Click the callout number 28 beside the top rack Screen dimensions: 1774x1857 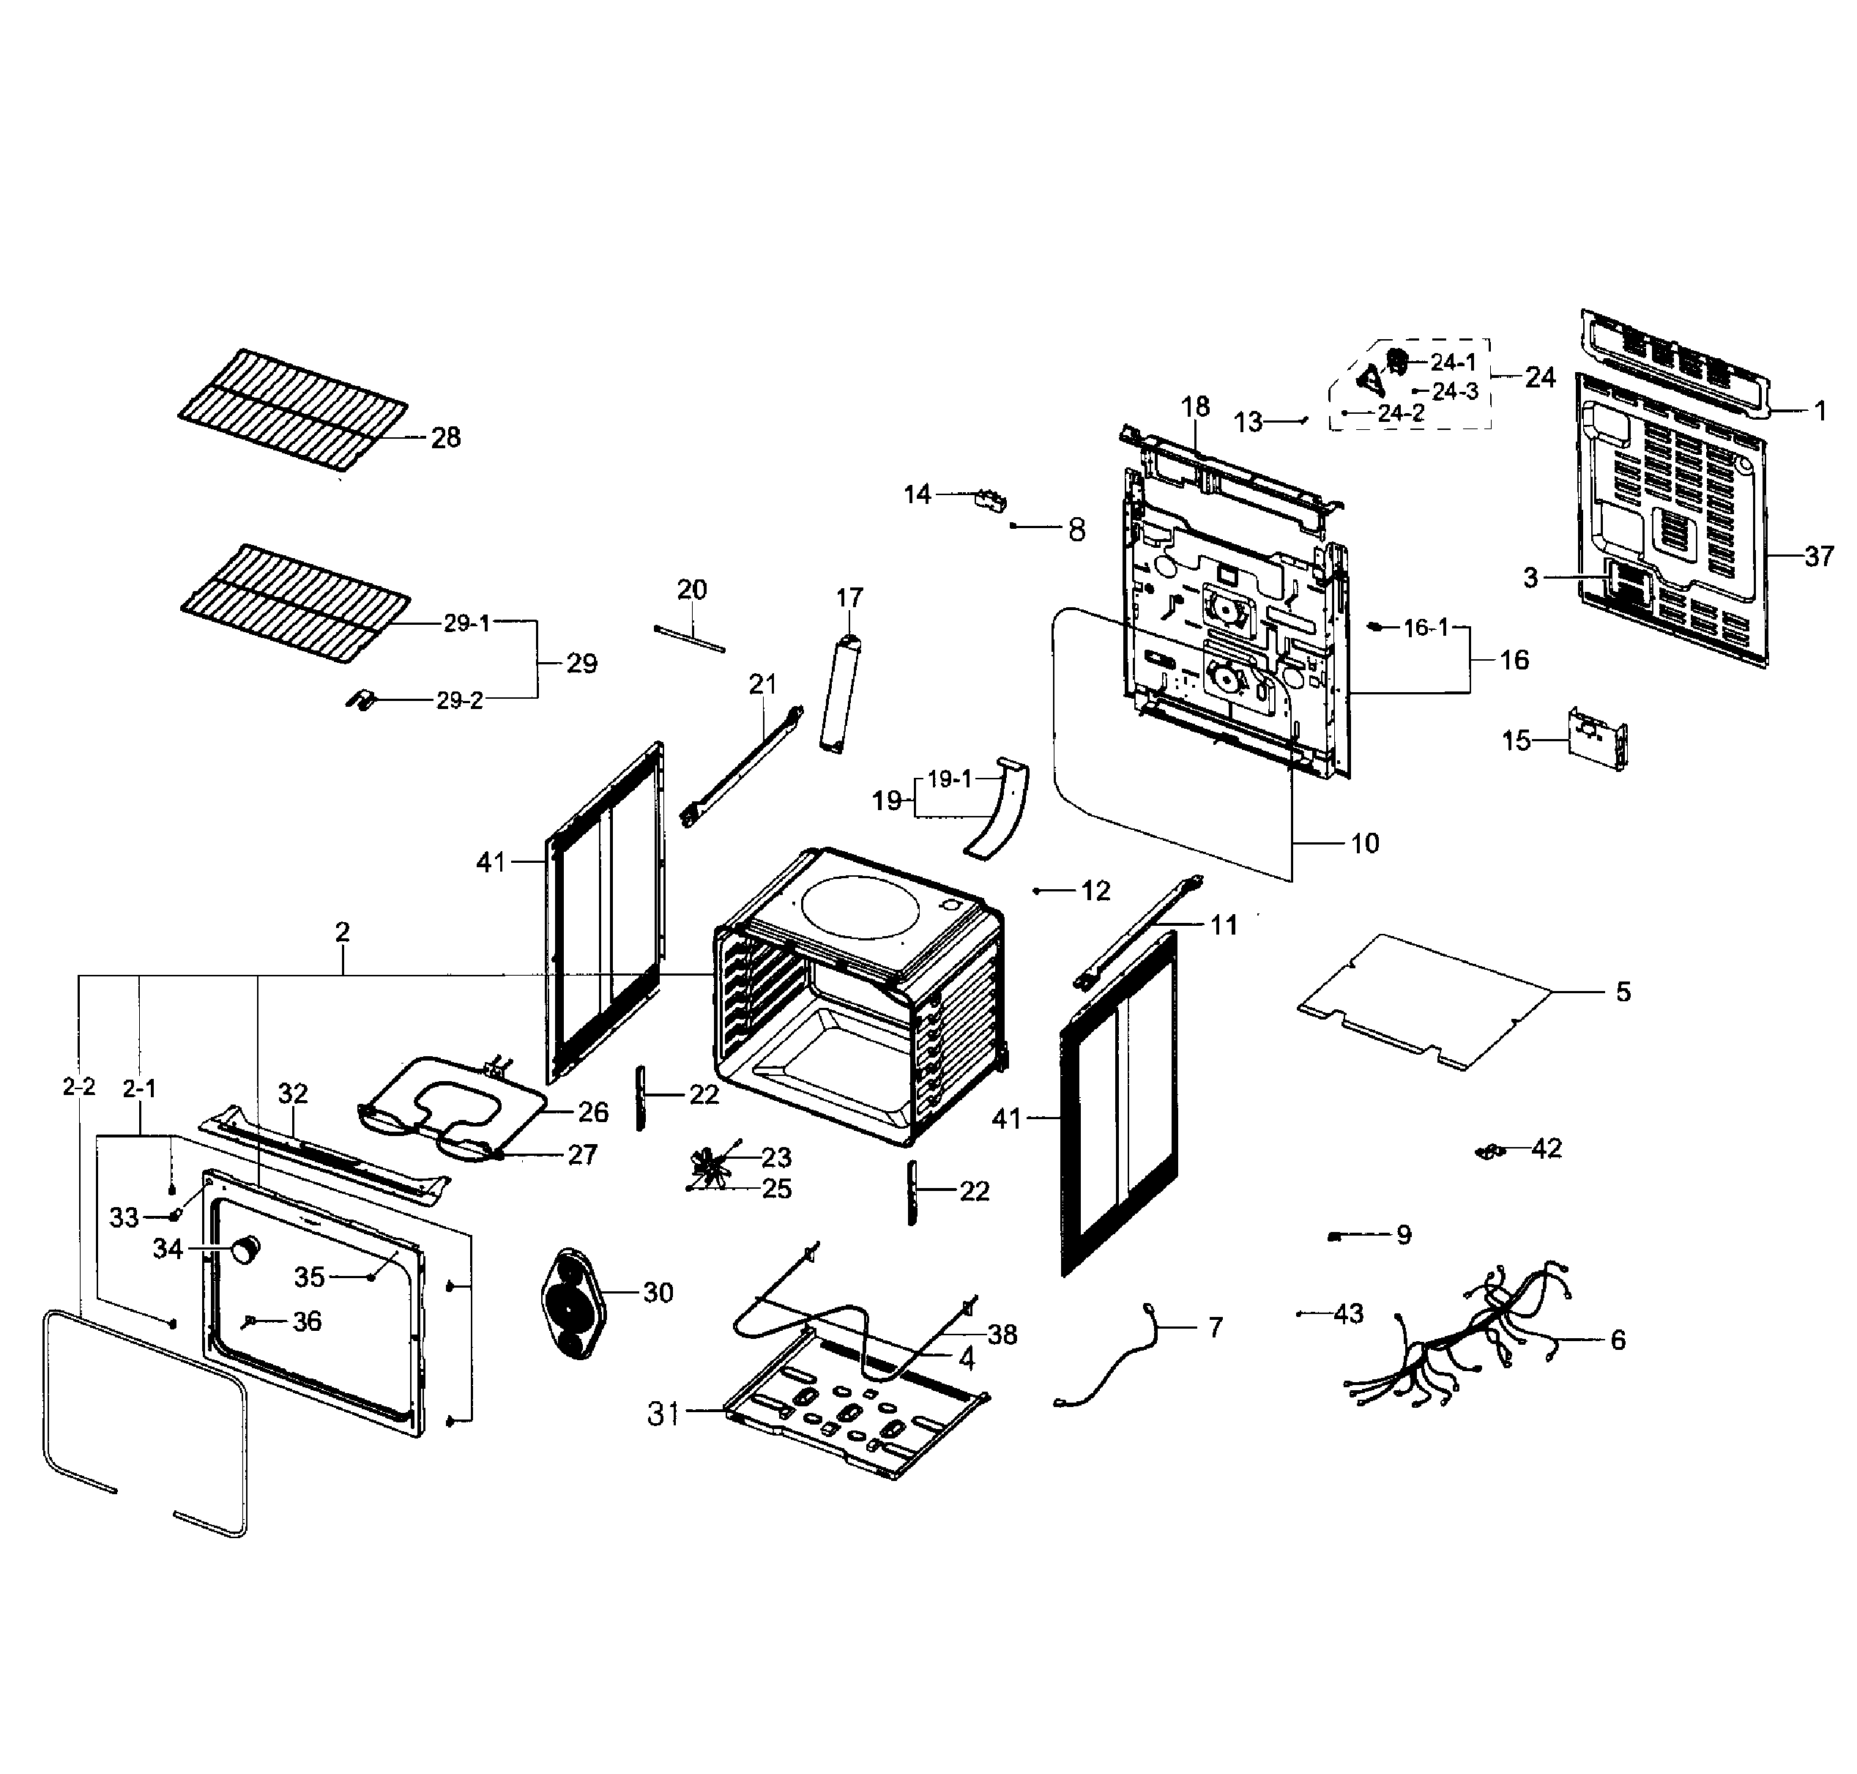coord(445,438)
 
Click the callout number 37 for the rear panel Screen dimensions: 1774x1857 coord(1818,556)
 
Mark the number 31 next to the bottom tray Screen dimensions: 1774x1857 coord(663,1414)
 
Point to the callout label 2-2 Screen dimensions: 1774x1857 coord(79,1088)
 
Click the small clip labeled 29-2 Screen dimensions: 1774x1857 coord(360,699)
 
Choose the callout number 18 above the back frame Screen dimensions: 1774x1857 coord(1195,407)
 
